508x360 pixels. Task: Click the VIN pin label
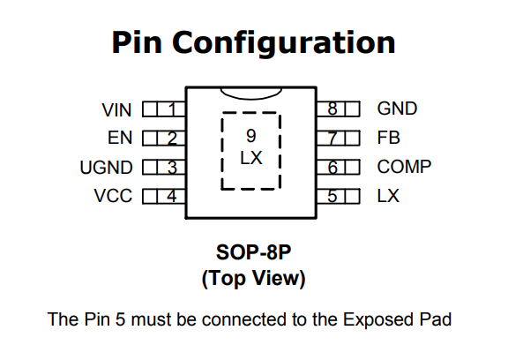116,109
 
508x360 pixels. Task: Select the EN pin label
120,138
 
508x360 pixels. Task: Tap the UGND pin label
106,167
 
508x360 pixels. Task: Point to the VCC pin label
113,196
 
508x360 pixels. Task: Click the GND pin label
397,109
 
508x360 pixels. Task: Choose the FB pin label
388,138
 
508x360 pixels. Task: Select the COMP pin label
404,167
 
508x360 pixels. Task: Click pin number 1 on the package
172,109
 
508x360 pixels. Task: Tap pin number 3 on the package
172,167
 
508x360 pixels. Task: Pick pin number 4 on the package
172,196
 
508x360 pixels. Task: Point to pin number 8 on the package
332,109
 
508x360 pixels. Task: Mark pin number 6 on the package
332,167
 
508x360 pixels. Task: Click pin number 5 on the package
332,196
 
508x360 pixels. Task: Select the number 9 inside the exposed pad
251,136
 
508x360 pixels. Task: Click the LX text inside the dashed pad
251,158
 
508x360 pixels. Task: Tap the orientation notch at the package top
250,95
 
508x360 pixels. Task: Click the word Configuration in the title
284,43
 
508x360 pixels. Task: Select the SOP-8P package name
253,252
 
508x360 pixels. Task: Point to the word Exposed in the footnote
378,319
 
